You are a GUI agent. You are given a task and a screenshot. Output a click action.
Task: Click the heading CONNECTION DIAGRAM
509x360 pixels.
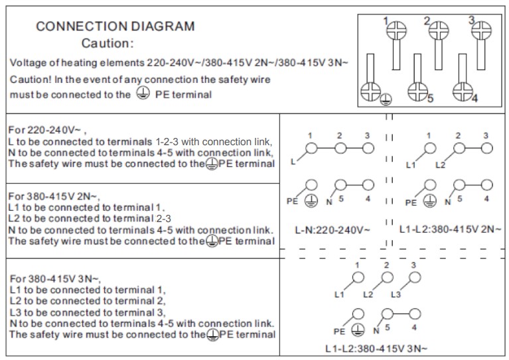point(115,27)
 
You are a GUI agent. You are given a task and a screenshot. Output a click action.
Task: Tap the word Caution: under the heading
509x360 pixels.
point(107,44)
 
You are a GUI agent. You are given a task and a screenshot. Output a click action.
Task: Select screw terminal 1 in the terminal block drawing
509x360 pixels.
point(396,30)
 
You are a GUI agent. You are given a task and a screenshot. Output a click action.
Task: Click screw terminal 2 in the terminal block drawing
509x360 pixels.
point(438,29)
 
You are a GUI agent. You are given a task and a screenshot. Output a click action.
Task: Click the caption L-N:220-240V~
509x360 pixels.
point(332,230)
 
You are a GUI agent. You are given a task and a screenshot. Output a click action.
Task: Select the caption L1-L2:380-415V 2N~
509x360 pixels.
point(450,229)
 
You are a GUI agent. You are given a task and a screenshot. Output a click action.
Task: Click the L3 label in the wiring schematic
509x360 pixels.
point(396,294)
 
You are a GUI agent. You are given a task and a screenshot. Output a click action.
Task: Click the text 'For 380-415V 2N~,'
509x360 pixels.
point(54,196)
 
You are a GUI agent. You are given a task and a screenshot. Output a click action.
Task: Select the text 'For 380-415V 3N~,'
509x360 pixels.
point(54,278)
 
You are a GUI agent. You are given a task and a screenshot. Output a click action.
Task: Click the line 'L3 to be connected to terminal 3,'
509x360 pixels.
point(87,312)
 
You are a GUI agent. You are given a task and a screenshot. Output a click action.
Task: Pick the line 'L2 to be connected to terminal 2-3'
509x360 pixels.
point(90,218)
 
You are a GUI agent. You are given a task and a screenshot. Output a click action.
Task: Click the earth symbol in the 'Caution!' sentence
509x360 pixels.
point(141,93)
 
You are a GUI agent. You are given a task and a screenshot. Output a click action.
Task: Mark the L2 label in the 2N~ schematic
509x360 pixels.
point(440,164)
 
